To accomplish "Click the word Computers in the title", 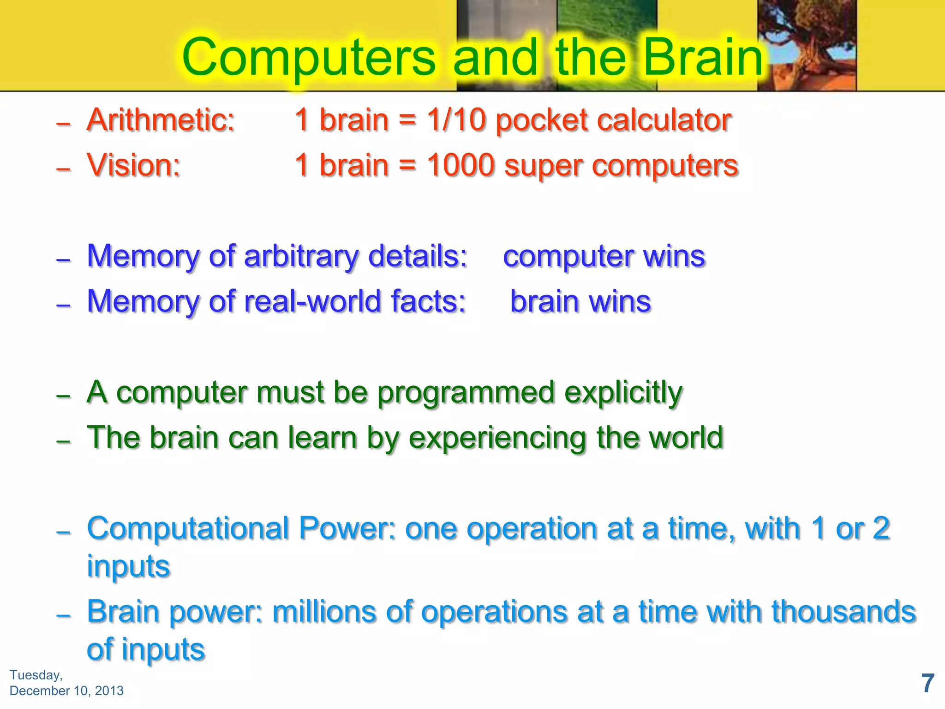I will pyautogui.click(x=308, y=58).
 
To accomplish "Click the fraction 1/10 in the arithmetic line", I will pyautogui.click(x=456, y=120).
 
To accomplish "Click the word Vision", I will pyautogui.click(x=133, y=165).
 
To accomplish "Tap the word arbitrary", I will pyautogui.click(x=301, y=256).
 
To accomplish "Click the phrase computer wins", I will pyautogui.click(x=604, y=256).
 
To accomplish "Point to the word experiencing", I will pyautogui.click(x=496, y=438).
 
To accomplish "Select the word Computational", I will pyautogui.click(x=188, y=529).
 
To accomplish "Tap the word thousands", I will pyautogui.click(x=843, y=612).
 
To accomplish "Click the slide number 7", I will pyautogui.click(x=927, y=683).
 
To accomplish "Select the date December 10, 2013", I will pyautogui.click(x=66, y=691).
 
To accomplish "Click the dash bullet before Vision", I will pyautogui.click(x=63, y=169).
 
